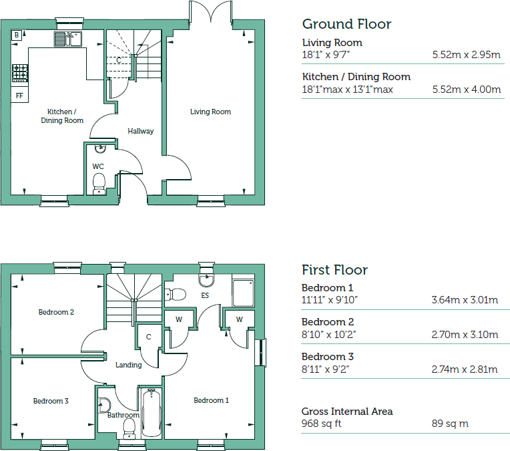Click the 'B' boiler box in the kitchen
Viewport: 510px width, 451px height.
pos(17,35)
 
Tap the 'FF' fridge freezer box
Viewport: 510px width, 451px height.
pos(19,95)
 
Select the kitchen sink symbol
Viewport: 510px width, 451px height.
pos(67,39)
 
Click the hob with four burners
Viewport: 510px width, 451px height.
pos(19,71)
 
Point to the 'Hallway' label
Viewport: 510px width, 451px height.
pos(140,131)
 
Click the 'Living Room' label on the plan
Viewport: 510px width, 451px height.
pos(210,112)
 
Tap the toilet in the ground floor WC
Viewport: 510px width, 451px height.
pos(99,181)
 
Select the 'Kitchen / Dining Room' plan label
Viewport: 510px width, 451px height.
pos(62,116)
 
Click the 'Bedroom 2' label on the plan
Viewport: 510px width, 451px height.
pos(56,312)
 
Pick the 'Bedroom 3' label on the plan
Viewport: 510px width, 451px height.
pos(51,401)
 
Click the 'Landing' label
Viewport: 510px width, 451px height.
pos(128,365)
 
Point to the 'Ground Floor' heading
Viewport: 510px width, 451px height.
pos(346,24)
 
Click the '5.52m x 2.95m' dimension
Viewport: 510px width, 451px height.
pos(466,55)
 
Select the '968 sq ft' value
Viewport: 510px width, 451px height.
pos(321,424)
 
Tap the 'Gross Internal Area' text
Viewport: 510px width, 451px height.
pos(347,412)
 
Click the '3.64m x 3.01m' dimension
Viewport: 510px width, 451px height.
pos(465,300)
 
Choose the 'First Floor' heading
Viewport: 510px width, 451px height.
pos(334,270)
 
